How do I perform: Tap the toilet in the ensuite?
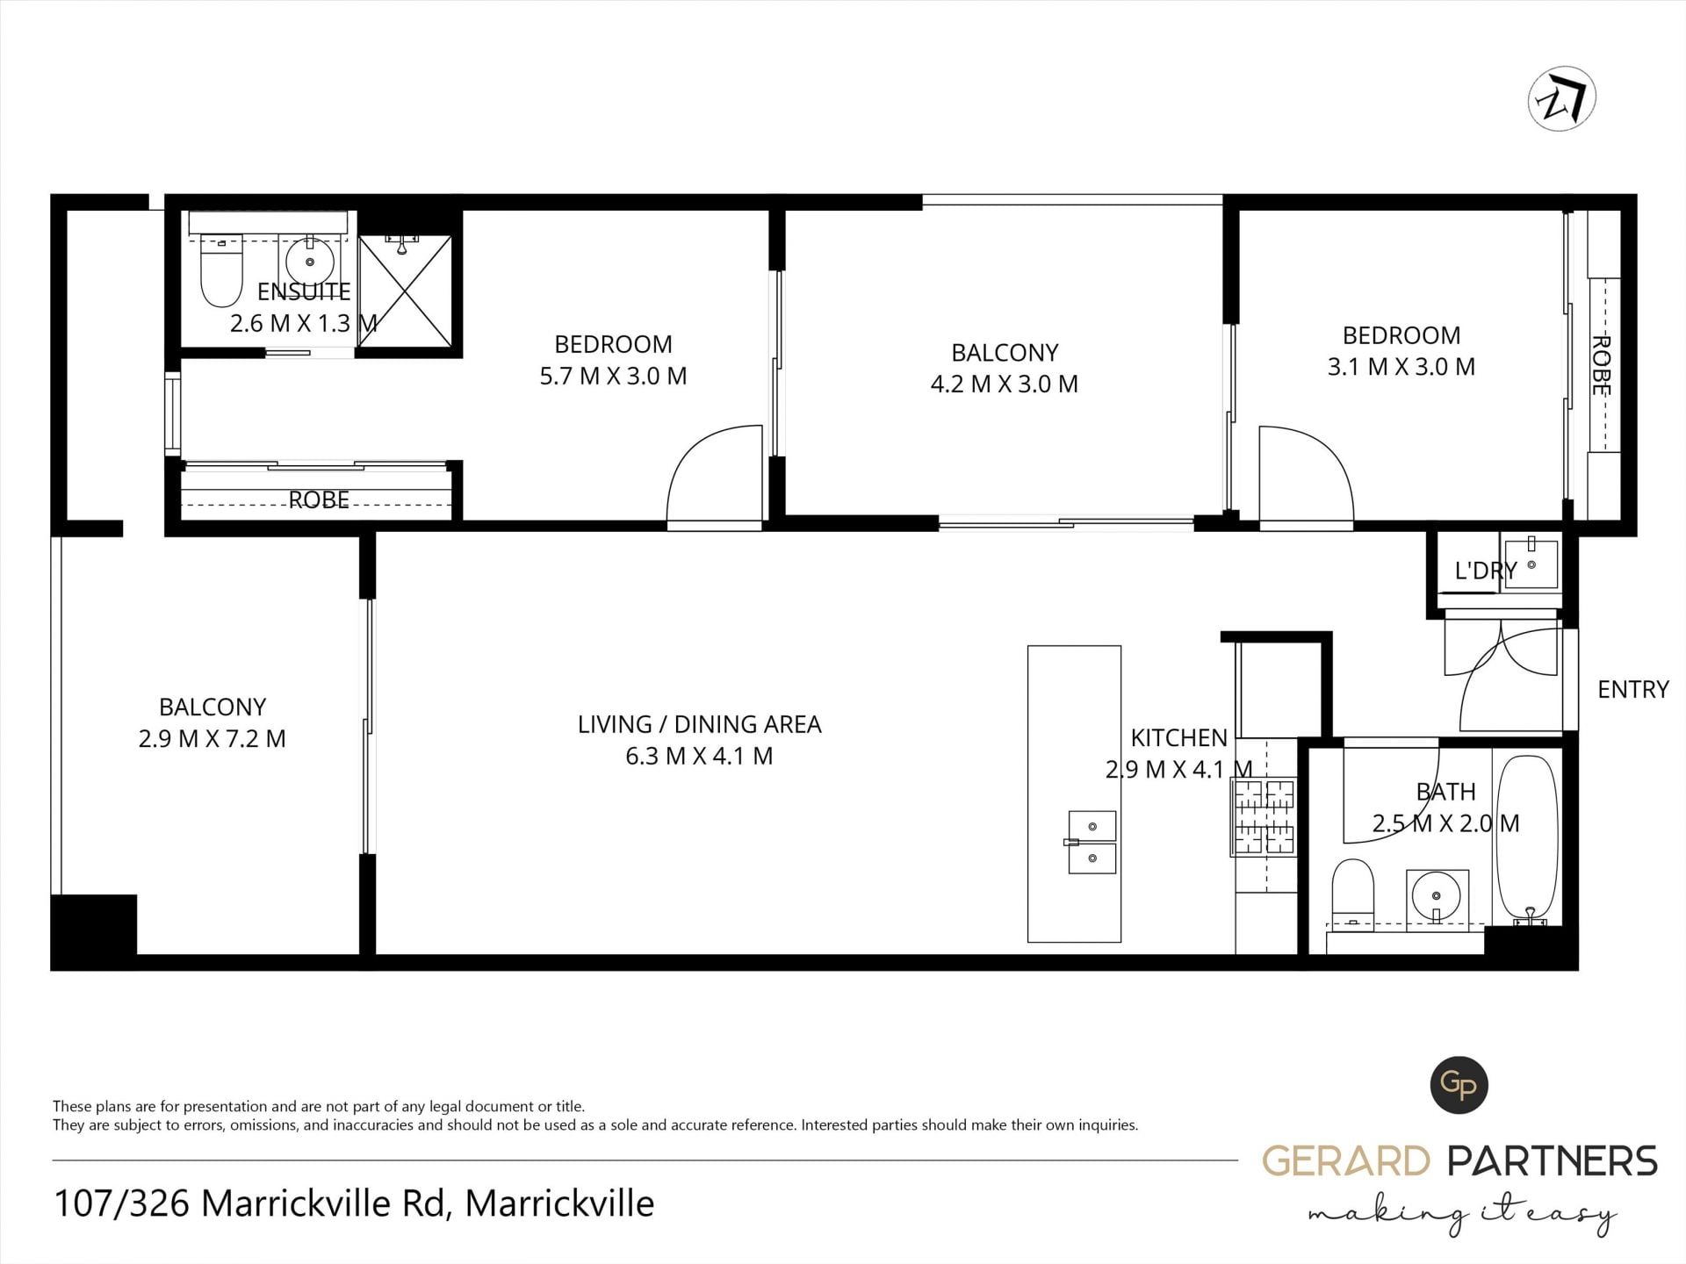(221, 270)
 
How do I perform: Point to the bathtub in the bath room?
(1529, 839)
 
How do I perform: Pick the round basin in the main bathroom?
(1437, 897)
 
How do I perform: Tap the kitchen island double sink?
(1092, 842)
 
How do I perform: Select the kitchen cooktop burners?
(1263, 817)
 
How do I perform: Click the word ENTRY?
(1632, 690)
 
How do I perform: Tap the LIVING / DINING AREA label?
(699, 724)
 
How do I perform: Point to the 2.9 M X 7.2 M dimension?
(213, 739)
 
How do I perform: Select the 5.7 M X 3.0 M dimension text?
(613, 376)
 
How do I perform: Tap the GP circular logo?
(1459, 1085)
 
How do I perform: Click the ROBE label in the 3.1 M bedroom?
(1601, 365)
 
